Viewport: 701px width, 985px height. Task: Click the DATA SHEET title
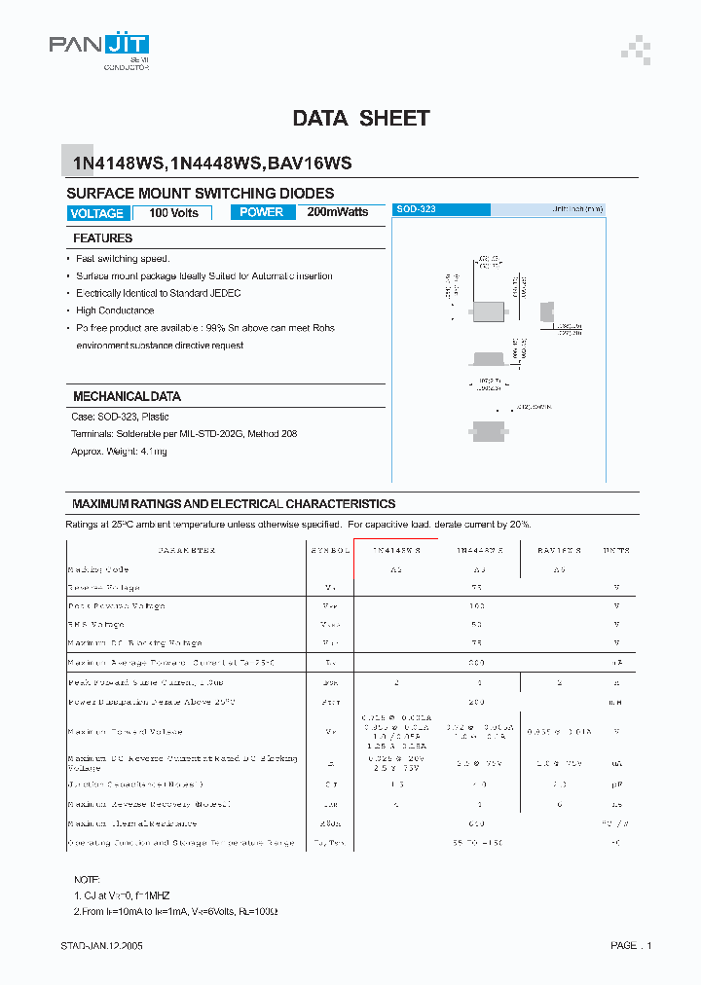click(x=361, y=119)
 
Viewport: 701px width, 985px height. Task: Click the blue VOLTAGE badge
click(x=97, y=213)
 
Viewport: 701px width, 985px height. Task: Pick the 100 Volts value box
click(x=173, y=213)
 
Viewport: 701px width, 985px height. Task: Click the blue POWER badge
click(x=262, y=212)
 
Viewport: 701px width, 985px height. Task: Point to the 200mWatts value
click(x=338, y=212)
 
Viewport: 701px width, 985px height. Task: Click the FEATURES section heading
click(x=102, y=238)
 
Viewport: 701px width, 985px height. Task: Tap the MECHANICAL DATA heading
click(x=127, y=397)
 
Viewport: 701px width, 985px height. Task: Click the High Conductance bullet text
click(x=115, y=310)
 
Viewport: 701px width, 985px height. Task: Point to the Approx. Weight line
click(x=119, y=452)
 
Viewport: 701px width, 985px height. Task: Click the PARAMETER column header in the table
click(x=186, y=551)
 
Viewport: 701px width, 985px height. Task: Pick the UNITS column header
click(x=615, y=551)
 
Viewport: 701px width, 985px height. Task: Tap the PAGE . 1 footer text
click(x=631, y=945)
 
